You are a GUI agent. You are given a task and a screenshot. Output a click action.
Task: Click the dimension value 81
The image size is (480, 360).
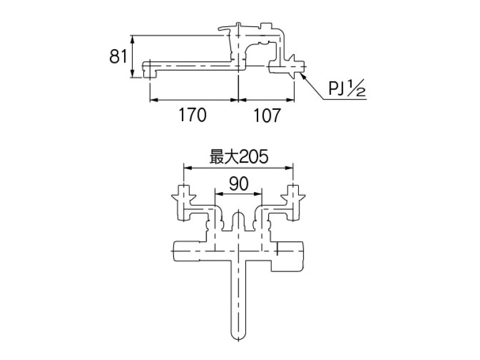click(x=118, y=56)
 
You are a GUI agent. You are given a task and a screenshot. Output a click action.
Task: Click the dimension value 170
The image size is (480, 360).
click(x=193, y=115)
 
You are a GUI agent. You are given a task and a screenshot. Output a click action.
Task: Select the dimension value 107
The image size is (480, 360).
click(x=267, y=115)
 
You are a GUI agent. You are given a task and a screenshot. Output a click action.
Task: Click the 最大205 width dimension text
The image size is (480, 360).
click(x=239, y=157)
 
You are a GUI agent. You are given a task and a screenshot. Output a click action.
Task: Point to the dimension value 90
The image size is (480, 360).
click(x=239, y=184)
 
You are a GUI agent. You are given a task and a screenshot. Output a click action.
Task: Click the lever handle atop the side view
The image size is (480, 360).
click(x=228, y=28)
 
